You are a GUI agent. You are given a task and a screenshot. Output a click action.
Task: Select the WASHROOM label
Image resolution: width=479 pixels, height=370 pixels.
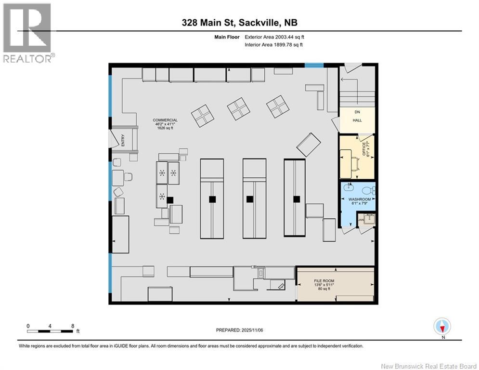[x=359, y=199]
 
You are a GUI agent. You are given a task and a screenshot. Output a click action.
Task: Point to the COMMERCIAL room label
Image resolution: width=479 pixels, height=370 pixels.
[x=165, y=120]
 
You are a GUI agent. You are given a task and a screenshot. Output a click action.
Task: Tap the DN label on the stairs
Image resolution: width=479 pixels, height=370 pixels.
[x=357, y=112]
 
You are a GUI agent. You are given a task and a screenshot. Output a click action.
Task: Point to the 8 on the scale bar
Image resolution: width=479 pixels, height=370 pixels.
[x=73, y=326]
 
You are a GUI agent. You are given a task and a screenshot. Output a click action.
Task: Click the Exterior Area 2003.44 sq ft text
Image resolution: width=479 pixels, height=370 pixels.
[x=274, y=37]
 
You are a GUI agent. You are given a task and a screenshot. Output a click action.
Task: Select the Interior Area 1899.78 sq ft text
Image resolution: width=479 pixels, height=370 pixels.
[x=274, y=45]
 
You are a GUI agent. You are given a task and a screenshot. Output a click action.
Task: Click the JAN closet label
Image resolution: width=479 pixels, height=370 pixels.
[x=361, y=220]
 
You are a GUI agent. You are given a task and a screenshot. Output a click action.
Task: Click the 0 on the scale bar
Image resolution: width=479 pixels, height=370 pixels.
[x=28, y=326]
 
